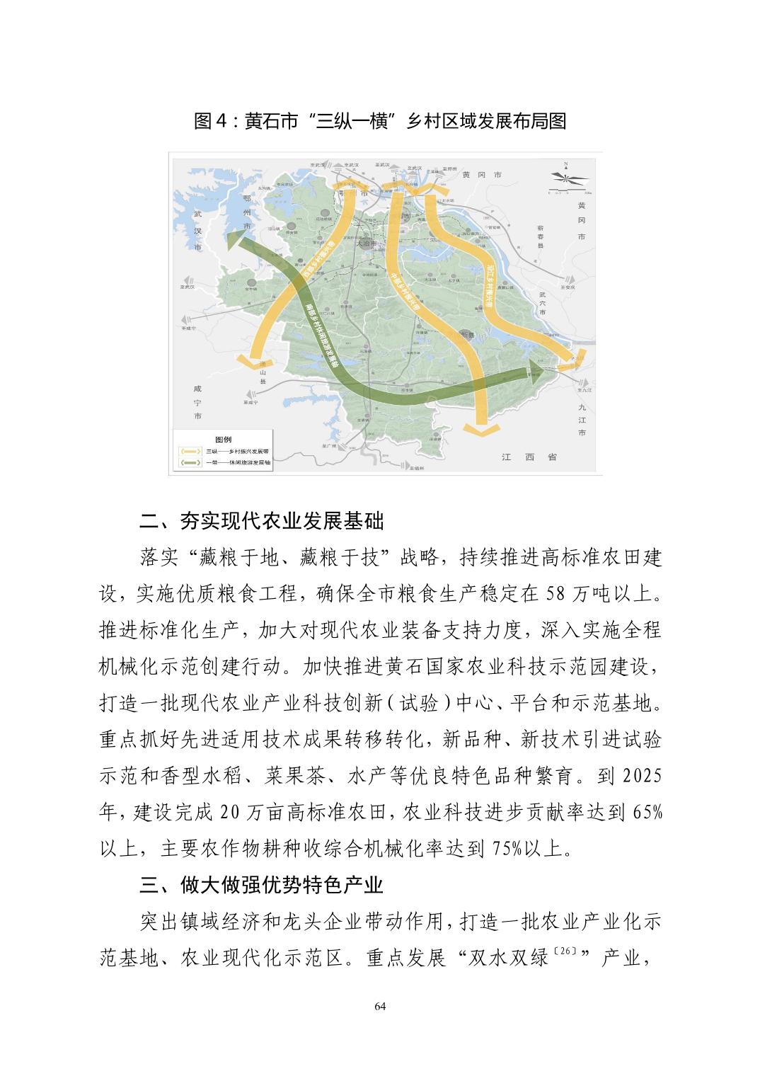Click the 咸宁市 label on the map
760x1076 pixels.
tap(197, 402)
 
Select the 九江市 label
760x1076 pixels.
tap(582, 420)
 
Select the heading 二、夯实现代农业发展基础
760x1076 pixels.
tap(261, 522)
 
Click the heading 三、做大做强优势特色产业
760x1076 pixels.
tap(261, 884)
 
